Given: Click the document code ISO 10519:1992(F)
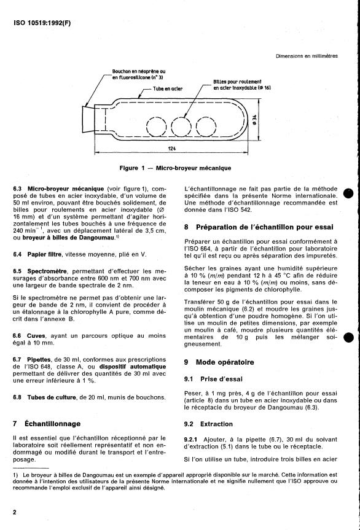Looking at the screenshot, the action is click(42, 23).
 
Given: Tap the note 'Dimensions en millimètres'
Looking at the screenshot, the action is click(307, 56).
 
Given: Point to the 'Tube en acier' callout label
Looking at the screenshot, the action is click(168, 89).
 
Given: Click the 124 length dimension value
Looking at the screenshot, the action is click(172, 148).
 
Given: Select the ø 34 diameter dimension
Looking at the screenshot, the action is click(254, 120).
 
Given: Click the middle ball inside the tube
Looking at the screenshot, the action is click(181, 127).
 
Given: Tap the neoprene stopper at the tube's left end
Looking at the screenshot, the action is click(88, 119).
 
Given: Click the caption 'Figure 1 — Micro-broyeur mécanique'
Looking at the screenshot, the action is click(175, 168).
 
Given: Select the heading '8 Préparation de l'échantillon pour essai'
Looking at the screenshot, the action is click(259, 227).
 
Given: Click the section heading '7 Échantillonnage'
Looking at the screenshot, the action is click(47, 424).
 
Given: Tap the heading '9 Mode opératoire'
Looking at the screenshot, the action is click(219, 362).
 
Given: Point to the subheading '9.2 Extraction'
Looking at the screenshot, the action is click(208, 424).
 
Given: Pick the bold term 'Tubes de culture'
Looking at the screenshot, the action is click(52, 397).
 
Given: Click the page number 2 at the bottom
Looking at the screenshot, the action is click(15, 512).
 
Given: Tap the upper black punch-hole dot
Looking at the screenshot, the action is click(348, 193).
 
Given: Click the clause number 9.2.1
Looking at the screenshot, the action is click(191, 439).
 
